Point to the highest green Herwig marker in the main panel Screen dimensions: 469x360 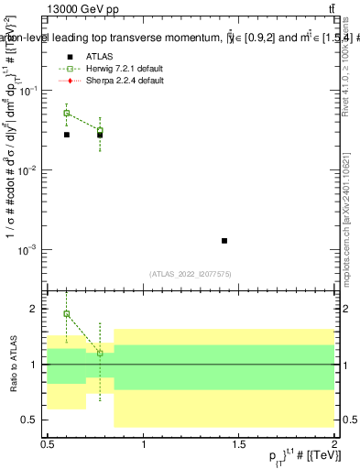[x=66, y=114]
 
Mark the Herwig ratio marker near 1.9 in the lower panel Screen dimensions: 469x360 [x=66, y=314]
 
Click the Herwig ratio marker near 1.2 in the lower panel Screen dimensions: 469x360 [x=100, y=353]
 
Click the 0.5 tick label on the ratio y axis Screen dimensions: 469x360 [x=30, y=420]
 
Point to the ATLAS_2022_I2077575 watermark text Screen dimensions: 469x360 [x=191, y=273]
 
